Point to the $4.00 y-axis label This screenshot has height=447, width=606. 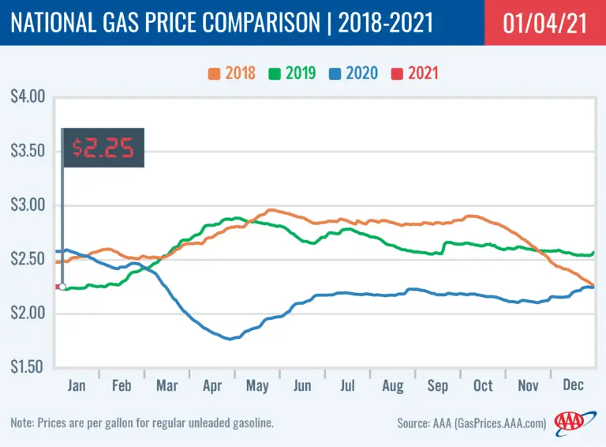click(x=28, y=97)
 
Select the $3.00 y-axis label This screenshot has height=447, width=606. click(x=28, y=205)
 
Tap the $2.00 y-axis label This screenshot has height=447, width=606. click(x=28, y=314)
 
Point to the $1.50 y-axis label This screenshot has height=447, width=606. click(x=28, y=367)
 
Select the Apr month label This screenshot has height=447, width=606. click(x=212, y=385)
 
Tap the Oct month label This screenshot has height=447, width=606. click(x=483, y=385)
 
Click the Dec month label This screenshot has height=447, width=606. click(x=573, y=385)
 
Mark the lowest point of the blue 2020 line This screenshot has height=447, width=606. click(x=230, y=339)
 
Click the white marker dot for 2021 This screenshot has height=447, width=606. click(x=62, y=287)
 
